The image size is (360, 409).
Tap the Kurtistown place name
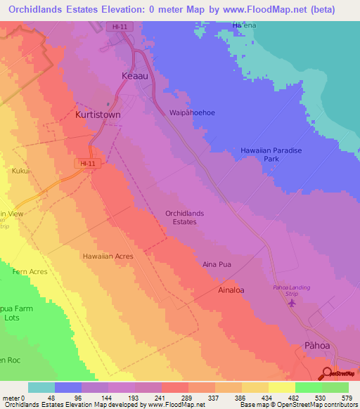coord(101,114)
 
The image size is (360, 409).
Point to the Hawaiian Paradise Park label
coord(271,155)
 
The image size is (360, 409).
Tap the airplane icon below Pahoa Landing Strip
coord(292,304)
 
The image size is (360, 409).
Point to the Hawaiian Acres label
coord(107,257)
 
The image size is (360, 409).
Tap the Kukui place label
coord(20,170)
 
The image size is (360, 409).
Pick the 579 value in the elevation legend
coord(345,398)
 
